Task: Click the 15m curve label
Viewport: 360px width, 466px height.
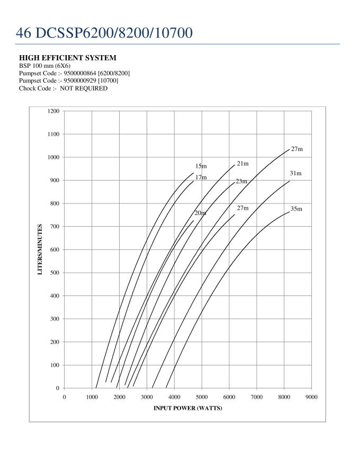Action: [x=201, y=166]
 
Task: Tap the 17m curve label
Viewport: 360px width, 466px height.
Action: [x=201, y=177]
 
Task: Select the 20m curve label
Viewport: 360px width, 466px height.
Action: [x=200, y=213]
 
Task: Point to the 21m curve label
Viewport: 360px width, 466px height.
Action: [x=242, y=164]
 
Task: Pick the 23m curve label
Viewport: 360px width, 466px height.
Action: [x=241, y=182]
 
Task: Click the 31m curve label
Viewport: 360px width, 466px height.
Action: [x=295, y=174]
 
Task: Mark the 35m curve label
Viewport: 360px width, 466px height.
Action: [x=296, y=209]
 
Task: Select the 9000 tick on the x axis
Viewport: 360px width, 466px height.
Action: [x=311, y=397]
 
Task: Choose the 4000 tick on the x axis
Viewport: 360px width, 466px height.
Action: [x=174, y=397]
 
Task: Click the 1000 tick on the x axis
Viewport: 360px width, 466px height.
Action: [x=92, y=397]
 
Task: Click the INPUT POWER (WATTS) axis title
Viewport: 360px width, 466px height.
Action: [x=188, y=408]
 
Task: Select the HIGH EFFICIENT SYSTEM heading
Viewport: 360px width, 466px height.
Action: [x=68, y=57]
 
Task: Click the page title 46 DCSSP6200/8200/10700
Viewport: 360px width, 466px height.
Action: [x=104, y=33]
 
